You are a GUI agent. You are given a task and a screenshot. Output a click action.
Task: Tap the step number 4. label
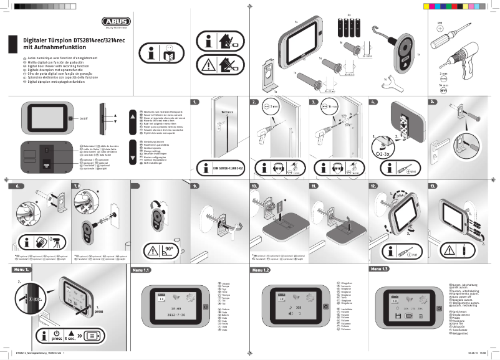(x=373, y=101)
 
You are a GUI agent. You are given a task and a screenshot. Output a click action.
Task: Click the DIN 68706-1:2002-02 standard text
(x=223, y=167)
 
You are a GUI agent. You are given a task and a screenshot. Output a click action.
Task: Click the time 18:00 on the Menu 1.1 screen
(x=159, y=308)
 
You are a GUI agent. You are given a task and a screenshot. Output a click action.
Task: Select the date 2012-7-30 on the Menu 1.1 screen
(x=161, y=316)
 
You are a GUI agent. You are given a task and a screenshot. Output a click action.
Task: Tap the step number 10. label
(x=254, y=186)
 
